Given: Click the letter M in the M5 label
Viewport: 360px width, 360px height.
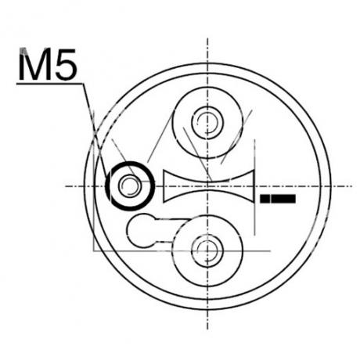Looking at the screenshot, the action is point(34,64).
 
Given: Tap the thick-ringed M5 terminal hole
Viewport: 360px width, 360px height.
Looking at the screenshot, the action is point(130,185).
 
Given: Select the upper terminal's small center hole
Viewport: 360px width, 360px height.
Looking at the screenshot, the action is point(207,122).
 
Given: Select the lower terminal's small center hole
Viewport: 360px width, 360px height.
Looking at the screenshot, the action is point(207,250).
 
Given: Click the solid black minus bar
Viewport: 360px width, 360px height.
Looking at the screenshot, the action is point(278,199).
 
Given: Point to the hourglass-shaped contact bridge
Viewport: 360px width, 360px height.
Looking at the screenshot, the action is point(209,185).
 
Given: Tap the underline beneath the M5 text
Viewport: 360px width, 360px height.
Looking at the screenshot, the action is point(49,84).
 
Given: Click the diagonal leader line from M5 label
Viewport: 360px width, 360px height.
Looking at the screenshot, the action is point(95,130).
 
